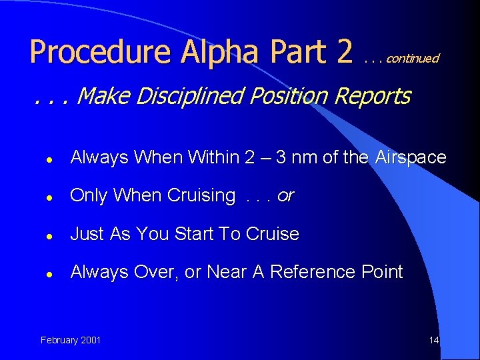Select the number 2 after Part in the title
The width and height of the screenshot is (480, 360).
[x=344, y=53]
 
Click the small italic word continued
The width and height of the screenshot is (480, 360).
[x=412, y=59]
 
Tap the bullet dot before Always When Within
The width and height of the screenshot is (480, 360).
[x=50, y=159]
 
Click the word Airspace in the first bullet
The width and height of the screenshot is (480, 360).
[x=411, y=158]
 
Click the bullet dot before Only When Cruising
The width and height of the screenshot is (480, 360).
[x=50, y=197]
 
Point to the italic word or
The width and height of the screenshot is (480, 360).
[x=285, y=197]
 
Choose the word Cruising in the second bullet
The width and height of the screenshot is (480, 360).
[x=201, y=196]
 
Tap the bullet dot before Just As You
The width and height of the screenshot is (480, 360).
[x=50, y=235]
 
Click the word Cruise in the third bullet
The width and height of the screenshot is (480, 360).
[x=273, y=234]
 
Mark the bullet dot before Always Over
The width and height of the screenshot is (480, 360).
[x=50, y=273]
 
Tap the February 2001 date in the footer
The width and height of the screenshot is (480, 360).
[x=71, y=340]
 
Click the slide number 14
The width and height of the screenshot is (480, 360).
[x=434, y=340]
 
